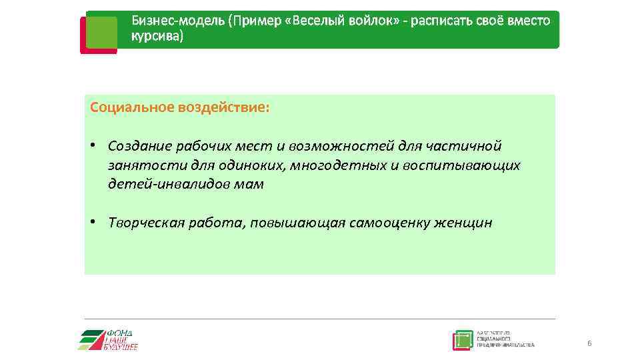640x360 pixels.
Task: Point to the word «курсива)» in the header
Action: pyautogui.click(x=157, y=36)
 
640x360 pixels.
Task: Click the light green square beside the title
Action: pyautogui.click(x=101, y=33)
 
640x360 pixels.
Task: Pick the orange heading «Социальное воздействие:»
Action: pyautogui.click(x=180, y=107)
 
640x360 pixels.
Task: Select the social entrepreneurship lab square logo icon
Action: pyautogui.click(x=462, y=340)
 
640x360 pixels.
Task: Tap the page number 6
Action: pyautogui.click(x=589, y=343)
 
